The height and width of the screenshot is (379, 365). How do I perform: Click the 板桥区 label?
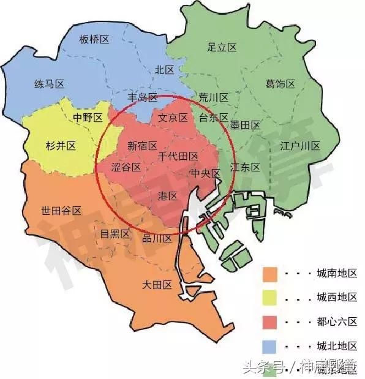(94, 39)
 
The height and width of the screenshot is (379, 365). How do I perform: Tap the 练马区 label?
(50, 84)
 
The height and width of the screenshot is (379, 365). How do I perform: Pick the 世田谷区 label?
(61, 210)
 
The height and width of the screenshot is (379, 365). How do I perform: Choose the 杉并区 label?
(61, 146)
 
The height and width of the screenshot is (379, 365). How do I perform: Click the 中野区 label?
(88, 118)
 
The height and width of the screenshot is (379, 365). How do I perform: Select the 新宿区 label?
(142, 146)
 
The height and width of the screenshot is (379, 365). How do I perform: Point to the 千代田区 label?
(178, 157)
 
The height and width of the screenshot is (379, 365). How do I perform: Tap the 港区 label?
(167, 196)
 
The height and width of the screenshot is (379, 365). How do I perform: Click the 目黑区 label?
(115, 233)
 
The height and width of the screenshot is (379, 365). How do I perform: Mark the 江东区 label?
(245, 167)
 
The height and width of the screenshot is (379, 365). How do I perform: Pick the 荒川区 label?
(213, 97)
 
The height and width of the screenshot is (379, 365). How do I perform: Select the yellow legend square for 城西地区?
(271, 297)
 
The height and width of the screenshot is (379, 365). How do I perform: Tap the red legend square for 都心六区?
(271, 321)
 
